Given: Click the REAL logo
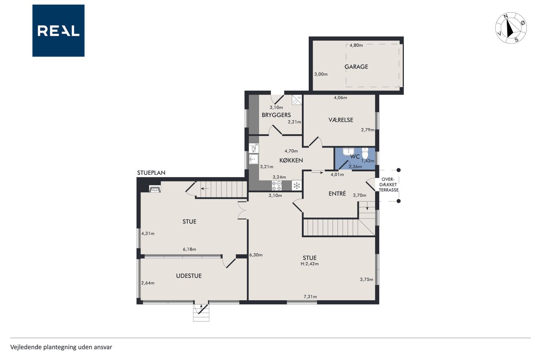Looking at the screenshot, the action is [58, 31].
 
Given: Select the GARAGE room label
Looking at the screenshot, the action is [356, 67].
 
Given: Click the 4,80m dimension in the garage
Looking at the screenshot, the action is [356, 45].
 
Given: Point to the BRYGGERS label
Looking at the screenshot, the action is [276, 115].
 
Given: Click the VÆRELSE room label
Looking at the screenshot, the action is [340, 120].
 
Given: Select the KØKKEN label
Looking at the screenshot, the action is [291, 160].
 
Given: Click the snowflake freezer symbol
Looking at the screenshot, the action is [297, 185].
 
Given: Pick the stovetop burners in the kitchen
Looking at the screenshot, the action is [277, 185].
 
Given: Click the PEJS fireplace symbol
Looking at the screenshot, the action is [155, 189].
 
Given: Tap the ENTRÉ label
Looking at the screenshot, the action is [337, 193].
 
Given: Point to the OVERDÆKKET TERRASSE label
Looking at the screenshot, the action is [389, 185].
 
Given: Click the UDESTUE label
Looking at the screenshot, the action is [189, 276].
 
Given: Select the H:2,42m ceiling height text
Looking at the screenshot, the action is [310, 264].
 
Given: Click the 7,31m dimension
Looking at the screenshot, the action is [310, 297].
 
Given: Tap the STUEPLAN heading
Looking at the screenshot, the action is [151, 173].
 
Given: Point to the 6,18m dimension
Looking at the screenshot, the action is [189, 249].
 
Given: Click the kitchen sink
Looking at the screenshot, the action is [254, 159].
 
